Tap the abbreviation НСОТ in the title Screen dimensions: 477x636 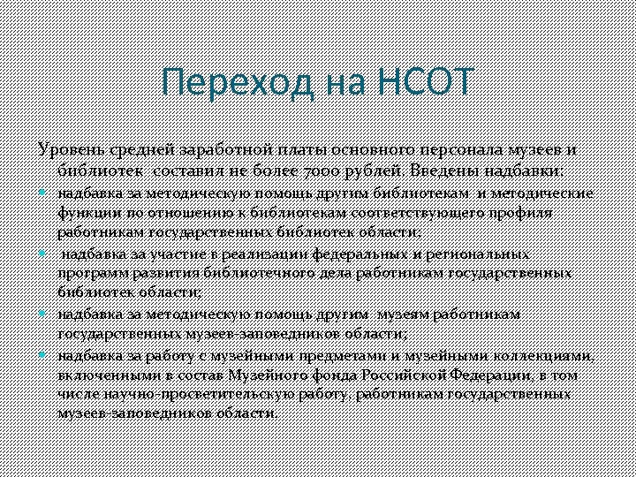(x=425, y=84)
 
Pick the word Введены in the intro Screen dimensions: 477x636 (x=440, y=170)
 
